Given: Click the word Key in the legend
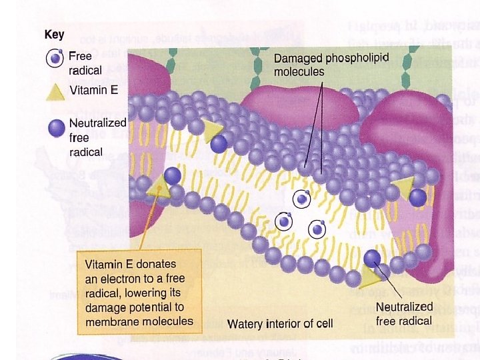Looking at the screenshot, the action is click(55, 35).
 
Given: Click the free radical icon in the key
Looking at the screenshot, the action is click(55, 59).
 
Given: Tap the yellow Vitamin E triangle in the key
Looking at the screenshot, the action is click(55, 91).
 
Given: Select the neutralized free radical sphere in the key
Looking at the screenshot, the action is click(55, 127).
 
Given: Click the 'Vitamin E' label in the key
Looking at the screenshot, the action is click(93, 89).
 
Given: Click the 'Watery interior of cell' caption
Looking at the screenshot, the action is click(280, 325).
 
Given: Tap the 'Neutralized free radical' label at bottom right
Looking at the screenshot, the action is click(404, 313).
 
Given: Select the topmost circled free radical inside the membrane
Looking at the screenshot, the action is click(303, 198).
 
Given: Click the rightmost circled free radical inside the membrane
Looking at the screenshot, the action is click(317, 230).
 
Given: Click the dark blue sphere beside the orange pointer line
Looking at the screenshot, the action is click(172, 175).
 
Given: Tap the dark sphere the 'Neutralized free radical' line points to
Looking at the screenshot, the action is click(372, 258).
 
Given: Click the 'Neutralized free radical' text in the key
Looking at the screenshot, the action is click(97, 137).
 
